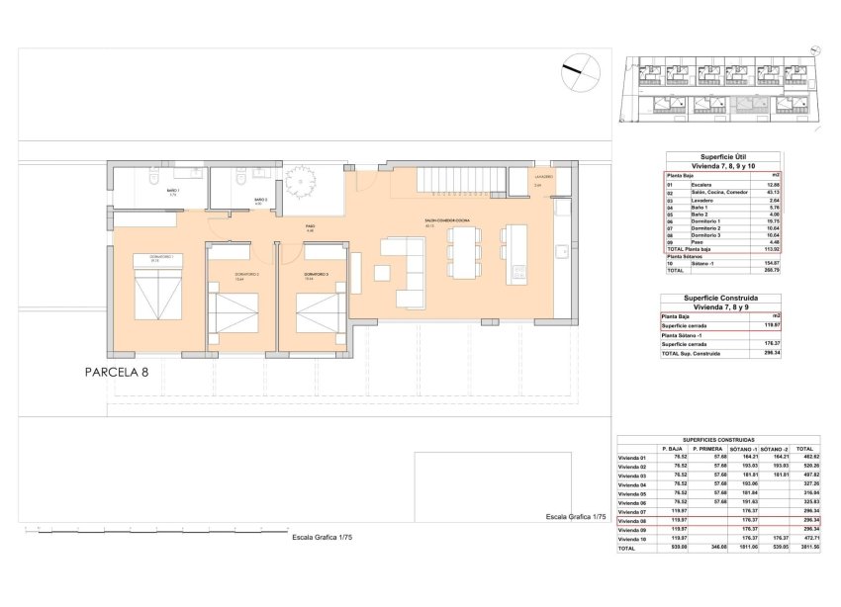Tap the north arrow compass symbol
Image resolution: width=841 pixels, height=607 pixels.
click(x=581, y=69)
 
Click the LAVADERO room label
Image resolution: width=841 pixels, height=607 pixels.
click(x=544, y=177)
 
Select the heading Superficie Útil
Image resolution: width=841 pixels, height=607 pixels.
click(x=721, y=156)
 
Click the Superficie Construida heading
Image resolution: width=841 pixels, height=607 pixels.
click(x=721, y=298)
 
